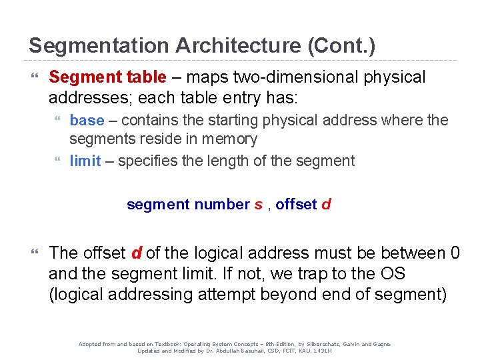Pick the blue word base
pos(87,120)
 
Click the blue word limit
pos(85,161)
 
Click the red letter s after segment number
pos(258,205)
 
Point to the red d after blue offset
pos(326,205)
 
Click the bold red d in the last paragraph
pos(136,253)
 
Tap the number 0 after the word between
pos(455,253)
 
